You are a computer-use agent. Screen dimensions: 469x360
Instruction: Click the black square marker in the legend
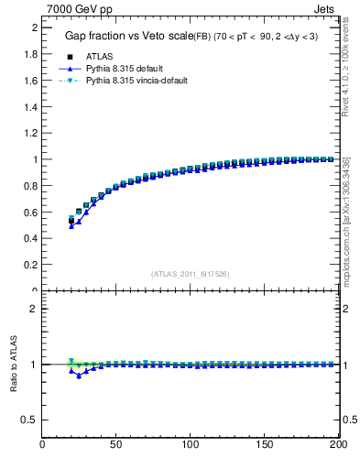click(71, 56)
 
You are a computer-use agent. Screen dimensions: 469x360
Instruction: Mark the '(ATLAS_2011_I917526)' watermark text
click(191, 274)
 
